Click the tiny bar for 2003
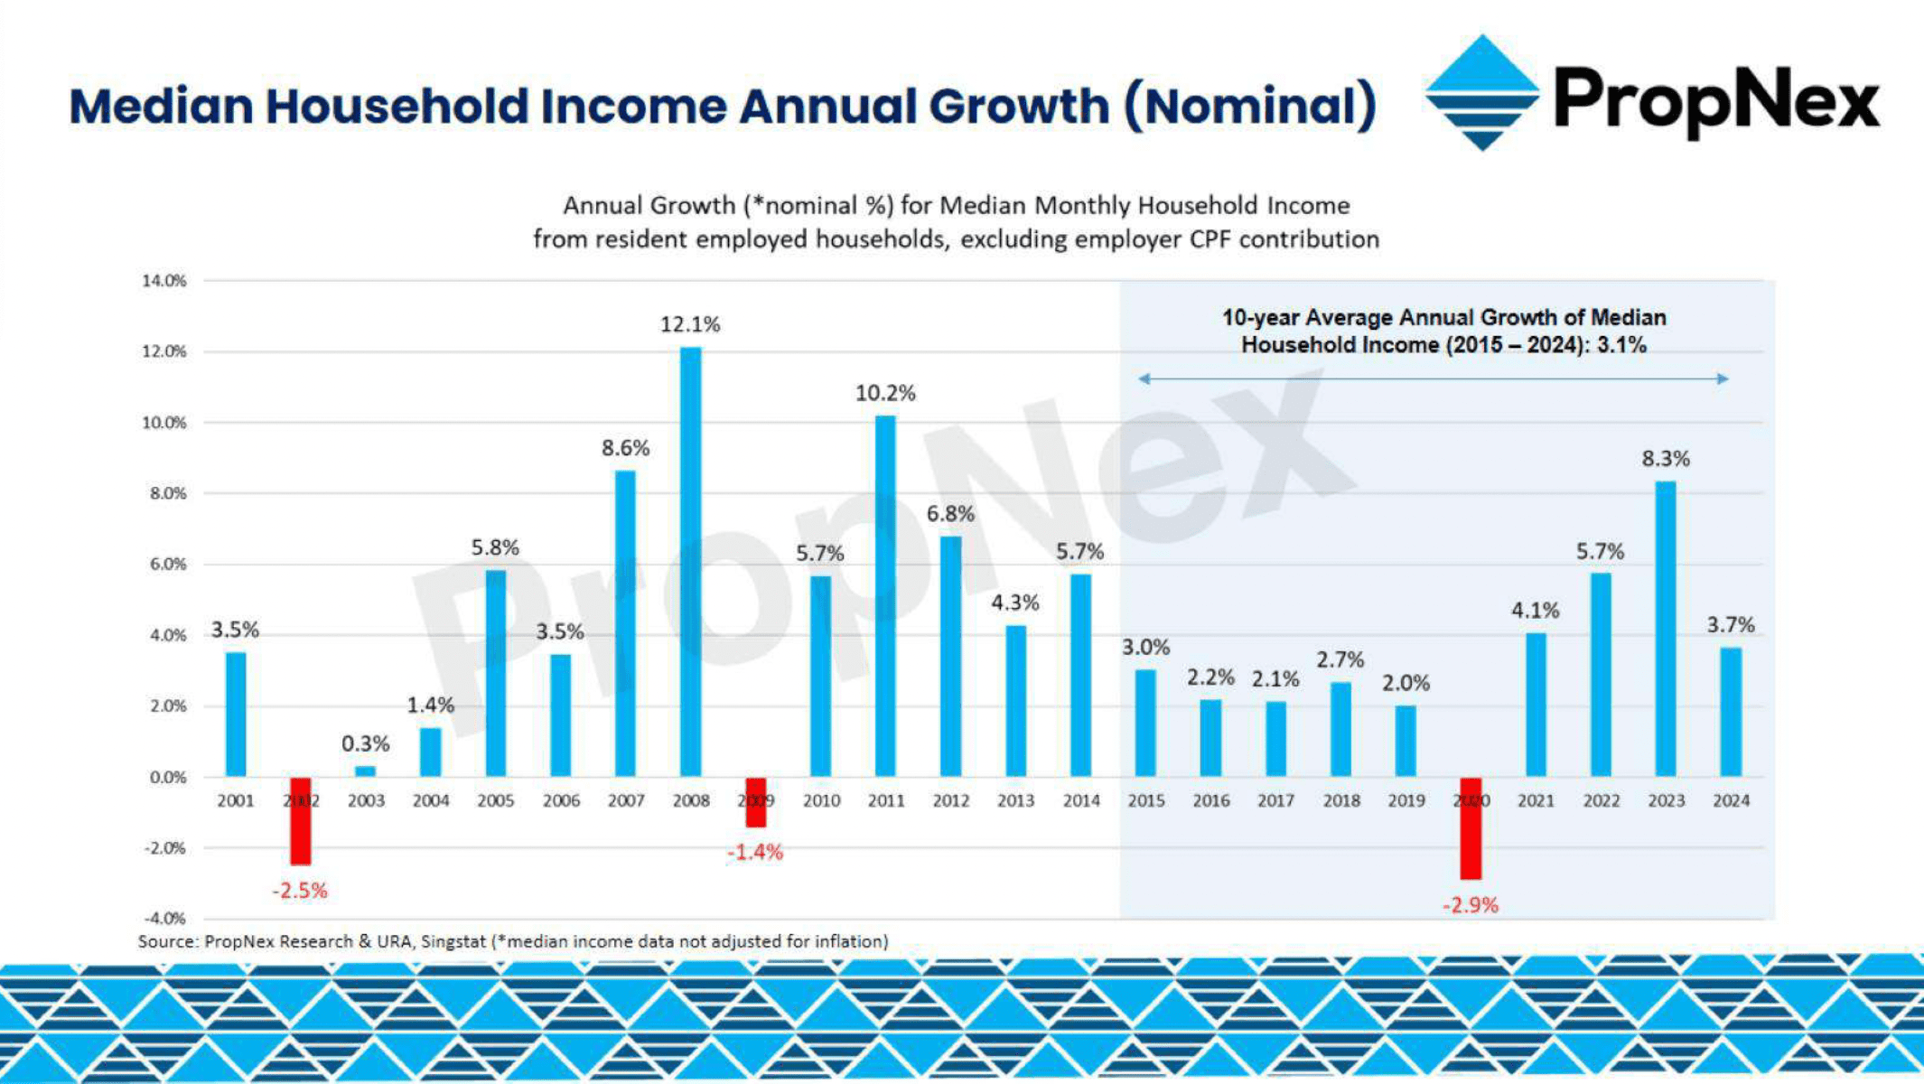click(x=365, y=771)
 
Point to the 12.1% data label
click(x=690, y=324)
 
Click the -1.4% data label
click(x=755, y=853)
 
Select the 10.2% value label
click(x=885, y=393)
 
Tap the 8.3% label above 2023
click(x=1665, y=459)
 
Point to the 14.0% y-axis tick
click(x=164, y=281)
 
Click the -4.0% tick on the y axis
click(x=164, y=919)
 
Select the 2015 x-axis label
click(x=1145, y=800)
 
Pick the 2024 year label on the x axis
click(x=1731, y=800)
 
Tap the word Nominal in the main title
click(x=1251, y=106)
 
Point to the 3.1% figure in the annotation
click(x=1621, y=345)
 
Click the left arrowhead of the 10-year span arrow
click(x=1144, y=378)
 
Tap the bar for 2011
click(x=885, y=596)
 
